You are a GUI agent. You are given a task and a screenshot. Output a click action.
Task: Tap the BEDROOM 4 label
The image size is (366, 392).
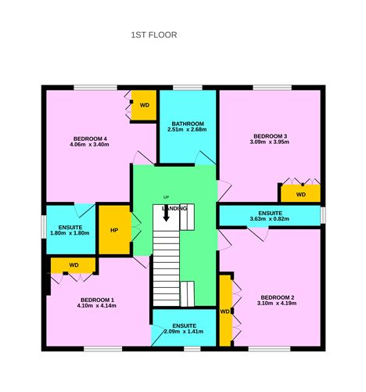click(x=88, y=138)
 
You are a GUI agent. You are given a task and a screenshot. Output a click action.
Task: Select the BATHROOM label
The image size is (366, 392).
click(x=188, y=123)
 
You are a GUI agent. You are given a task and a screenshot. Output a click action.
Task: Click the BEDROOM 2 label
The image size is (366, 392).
click(x=277, y=297)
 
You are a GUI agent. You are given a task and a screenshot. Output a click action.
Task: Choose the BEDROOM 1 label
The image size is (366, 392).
click(x=97, y=300)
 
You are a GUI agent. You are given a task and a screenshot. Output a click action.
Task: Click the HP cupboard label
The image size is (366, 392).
click(x=114, y=230)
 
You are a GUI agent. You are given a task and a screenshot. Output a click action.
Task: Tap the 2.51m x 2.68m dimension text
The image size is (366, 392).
click(x=188, y=130)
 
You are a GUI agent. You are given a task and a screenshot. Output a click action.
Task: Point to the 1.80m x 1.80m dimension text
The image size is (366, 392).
click(x=70, y=233)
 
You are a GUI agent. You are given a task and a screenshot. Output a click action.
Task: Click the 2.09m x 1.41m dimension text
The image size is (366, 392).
click(x=185, y=332)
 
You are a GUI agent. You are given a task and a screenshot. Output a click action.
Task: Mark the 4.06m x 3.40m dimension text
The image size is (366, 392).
click(x=88, y=146)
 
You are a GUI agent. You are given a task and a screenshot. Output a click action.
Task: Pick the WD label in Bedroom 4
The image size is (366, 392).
click(x=145, y=105)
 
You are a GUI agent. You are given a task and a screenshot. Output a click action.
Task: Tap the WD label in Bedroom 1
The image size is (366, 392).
click(x=74, y=265)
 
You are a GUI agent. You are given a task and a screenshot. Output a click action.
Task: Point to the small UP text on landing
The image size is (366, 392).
click(x=166, y=196)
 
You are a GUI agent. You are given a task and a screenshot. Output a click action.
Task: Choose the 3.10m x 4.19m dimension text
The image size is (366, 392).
click(x=277, y=304)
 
